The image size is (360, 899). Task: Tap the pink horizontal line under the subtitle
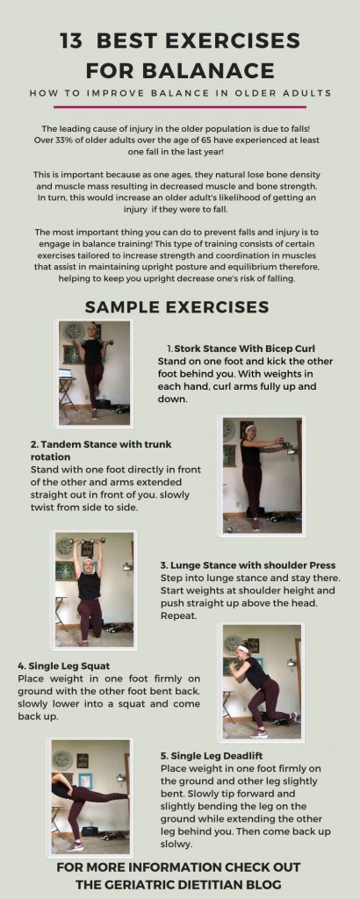pyautogui.click(x=180, y=106)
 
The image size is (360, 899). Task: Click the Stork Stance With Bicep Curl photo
pyautogui.click(x=95, y=370)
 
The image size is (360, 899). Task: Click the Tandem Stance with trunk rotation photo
pyautogui.click(x=263, y=474)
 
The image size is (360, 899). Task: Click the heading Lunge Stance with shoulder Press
pyautogui.click(x=248, y=565)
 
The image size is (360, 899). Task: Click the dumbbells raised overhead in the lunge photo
pyautogui.click(x=89, y=541)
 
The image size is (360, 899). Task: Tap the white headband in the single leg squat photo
pyautogui.click(x=242, y=649)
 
